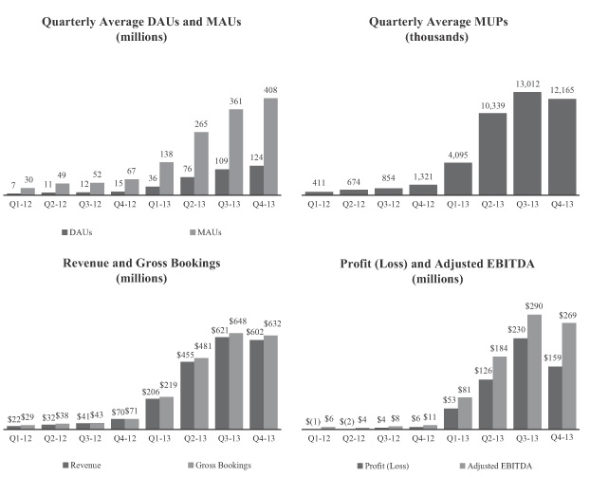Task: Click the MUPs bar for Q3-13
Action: point(526,142)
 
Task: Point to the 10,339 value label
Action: point(491,105)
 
